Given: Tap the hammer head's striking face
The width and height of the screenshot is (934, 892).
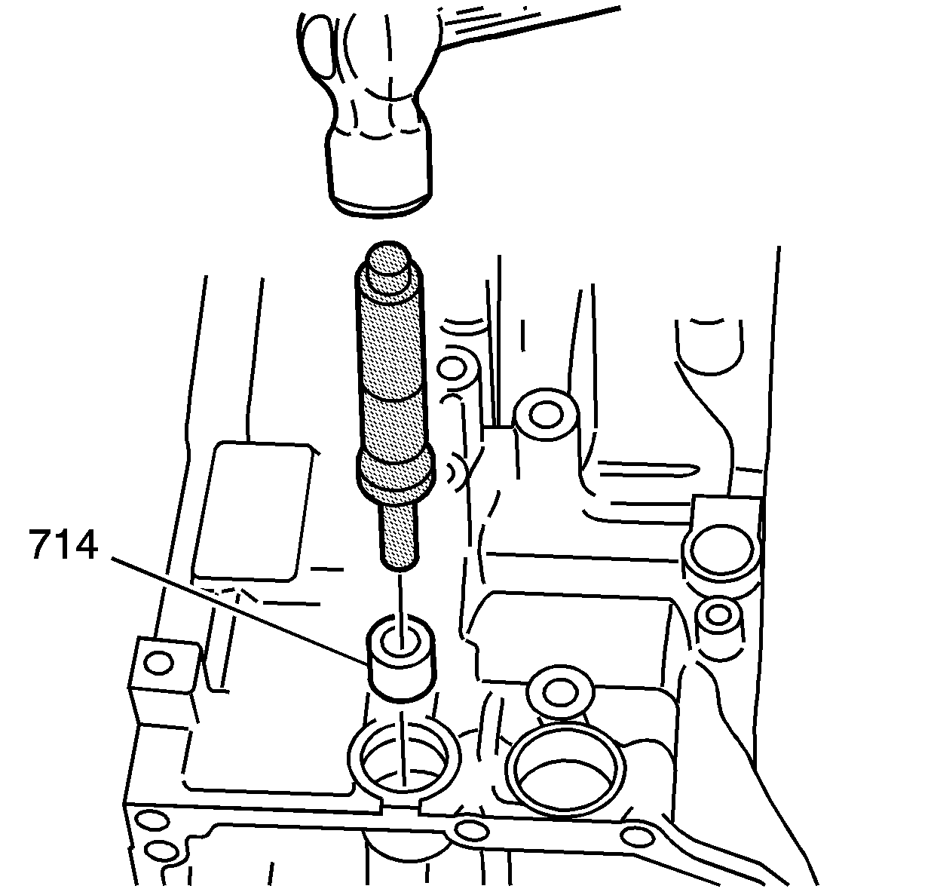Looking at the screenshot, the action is (380, 206).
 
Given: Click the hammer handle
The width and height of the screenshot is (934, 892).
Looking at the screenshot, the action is (528, 26).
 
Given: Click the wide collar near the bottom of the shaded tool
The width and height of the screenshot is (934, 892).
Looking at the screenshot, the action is (397, 472).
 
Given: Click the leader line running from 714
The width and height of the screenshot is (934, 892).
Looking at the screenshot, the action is (240, 610).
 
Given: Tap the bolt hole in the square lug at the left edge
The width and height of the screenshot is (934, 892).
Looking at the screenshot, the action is (158, 664).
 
